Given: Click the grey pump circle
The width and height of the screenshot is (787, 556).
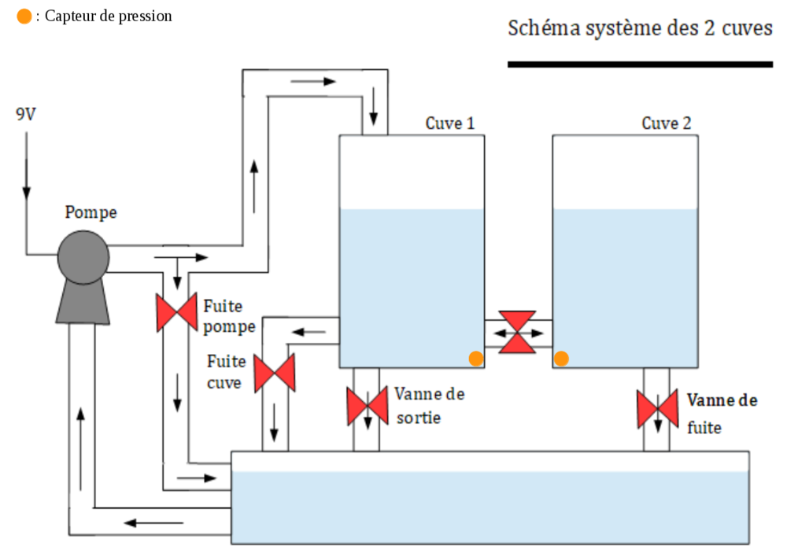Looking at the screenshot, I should coord(83,256).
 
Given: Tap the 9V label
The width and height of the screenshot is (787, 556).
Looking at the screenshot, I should coord(25,115).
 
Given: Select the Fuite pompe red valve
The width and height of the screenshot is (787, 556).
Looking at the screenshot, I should coord(176,312).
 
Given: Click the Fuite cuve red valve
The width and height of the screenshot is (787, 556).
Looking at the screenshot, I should coord(275,373).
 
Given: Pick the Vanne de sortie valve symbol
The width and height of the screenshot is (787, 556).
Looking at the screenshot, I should coord(366,406).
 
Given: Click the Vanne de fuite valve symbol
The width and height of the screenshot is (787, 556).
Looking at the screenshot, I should coord(657,408).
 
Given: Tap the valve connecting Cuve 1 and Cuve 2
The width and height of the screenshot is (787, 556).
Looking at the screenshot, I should coord(518,332).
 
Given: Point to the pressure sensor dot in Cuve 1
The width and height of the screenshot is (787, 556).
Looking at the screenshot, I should coord(475,359).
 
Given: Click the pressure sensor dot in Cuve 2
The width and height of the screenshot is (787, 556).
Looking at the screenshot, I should coord(561,359).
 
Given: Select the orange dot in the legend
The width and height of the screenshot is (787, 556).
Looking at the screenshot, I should coord(24,17).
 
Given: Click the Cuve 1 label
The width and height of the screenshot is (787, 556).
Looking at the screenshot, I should coord(450,123).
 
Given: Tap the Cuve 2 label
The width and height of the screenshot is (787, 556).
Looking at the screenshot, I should coord(667,123).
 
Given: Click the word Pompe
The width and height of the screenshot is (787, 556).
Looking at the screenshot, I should coord(91,212).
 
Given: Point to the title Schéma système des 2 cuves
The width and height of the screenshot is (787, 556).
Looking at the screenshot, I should coord(640,29).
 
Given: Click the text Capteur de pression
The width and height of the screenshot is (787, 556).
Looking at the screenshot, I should coord(109,17).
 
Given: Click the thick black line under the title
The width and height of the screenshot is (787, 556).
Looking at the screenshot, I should coord(640,64).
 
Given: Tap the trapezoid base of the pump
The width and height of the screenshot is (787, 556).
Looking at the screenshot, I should coord(83,303).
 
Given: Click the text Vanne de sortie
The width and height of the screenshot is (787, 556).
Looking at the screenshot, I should coord(429,405).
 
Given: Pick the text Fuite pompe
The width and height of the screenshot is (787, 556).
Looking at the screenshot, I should coord(229,316).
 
